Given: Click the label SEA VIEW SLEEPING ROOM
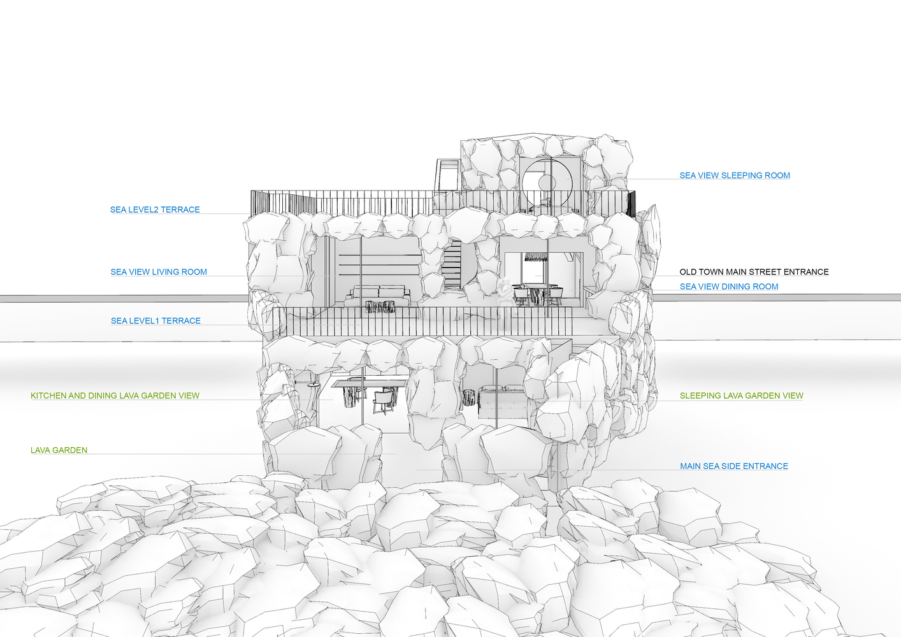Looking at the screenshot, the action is pos(735,175).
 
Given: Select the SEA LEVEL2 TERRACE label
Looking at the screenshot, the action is pos(155,210).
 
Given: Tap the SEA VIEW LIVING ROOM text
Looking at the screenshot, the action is pos(159,272).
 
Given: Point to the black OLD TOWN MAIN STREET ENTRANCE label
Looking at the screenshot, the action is pos(754,272).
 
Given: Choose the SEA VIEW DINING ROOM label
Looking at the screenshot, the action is pos(729,286).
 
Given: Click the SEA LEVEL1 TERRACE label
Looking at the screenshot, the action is pos(155,321).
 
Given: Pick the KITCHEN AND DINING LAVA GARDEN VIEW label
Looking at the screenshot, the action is pos(115,396).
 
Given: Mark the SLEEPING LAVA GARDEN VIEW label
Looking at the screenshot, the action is pos(741,396).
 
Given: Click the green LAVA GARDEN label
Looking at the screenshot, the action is pos(59,450).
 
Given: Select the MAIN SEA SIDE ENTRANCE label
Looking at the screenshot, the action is pos(733,466).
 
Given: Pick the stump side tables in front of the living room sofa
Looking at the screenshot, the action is pos(381,306).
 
